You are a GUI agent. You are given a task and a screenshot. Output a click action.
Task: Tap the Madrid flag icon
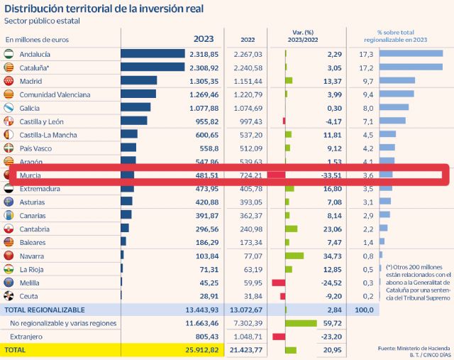coord(9,81)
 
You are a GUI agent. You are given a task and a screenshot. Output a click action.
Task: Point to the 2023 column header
coord(204,40)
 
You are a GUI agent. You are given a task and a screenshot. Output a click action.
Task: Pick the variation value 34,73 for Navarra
coord(331,256)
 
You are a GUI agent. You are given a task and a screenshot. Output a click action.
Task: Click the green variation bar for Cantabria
coord(291,229)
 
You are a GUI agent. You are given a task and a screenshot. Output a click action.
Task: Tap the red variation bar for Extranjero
coord(278,337)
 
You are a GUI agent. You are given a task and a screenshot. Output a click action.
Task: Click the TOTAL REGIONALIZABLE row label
coord(45,310)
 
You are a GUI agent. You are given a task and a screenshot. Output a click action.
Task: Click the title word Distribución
coord(35,9)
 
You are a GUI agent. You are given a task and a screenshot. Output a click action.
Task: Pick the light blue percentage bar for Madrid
coord(397,81)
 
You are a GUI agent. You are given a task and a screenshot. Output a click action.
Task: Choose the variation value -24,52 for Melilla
coord(329,283)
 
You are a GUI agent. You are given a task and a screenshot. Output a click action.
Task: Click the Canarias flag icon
coord(9,216)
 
